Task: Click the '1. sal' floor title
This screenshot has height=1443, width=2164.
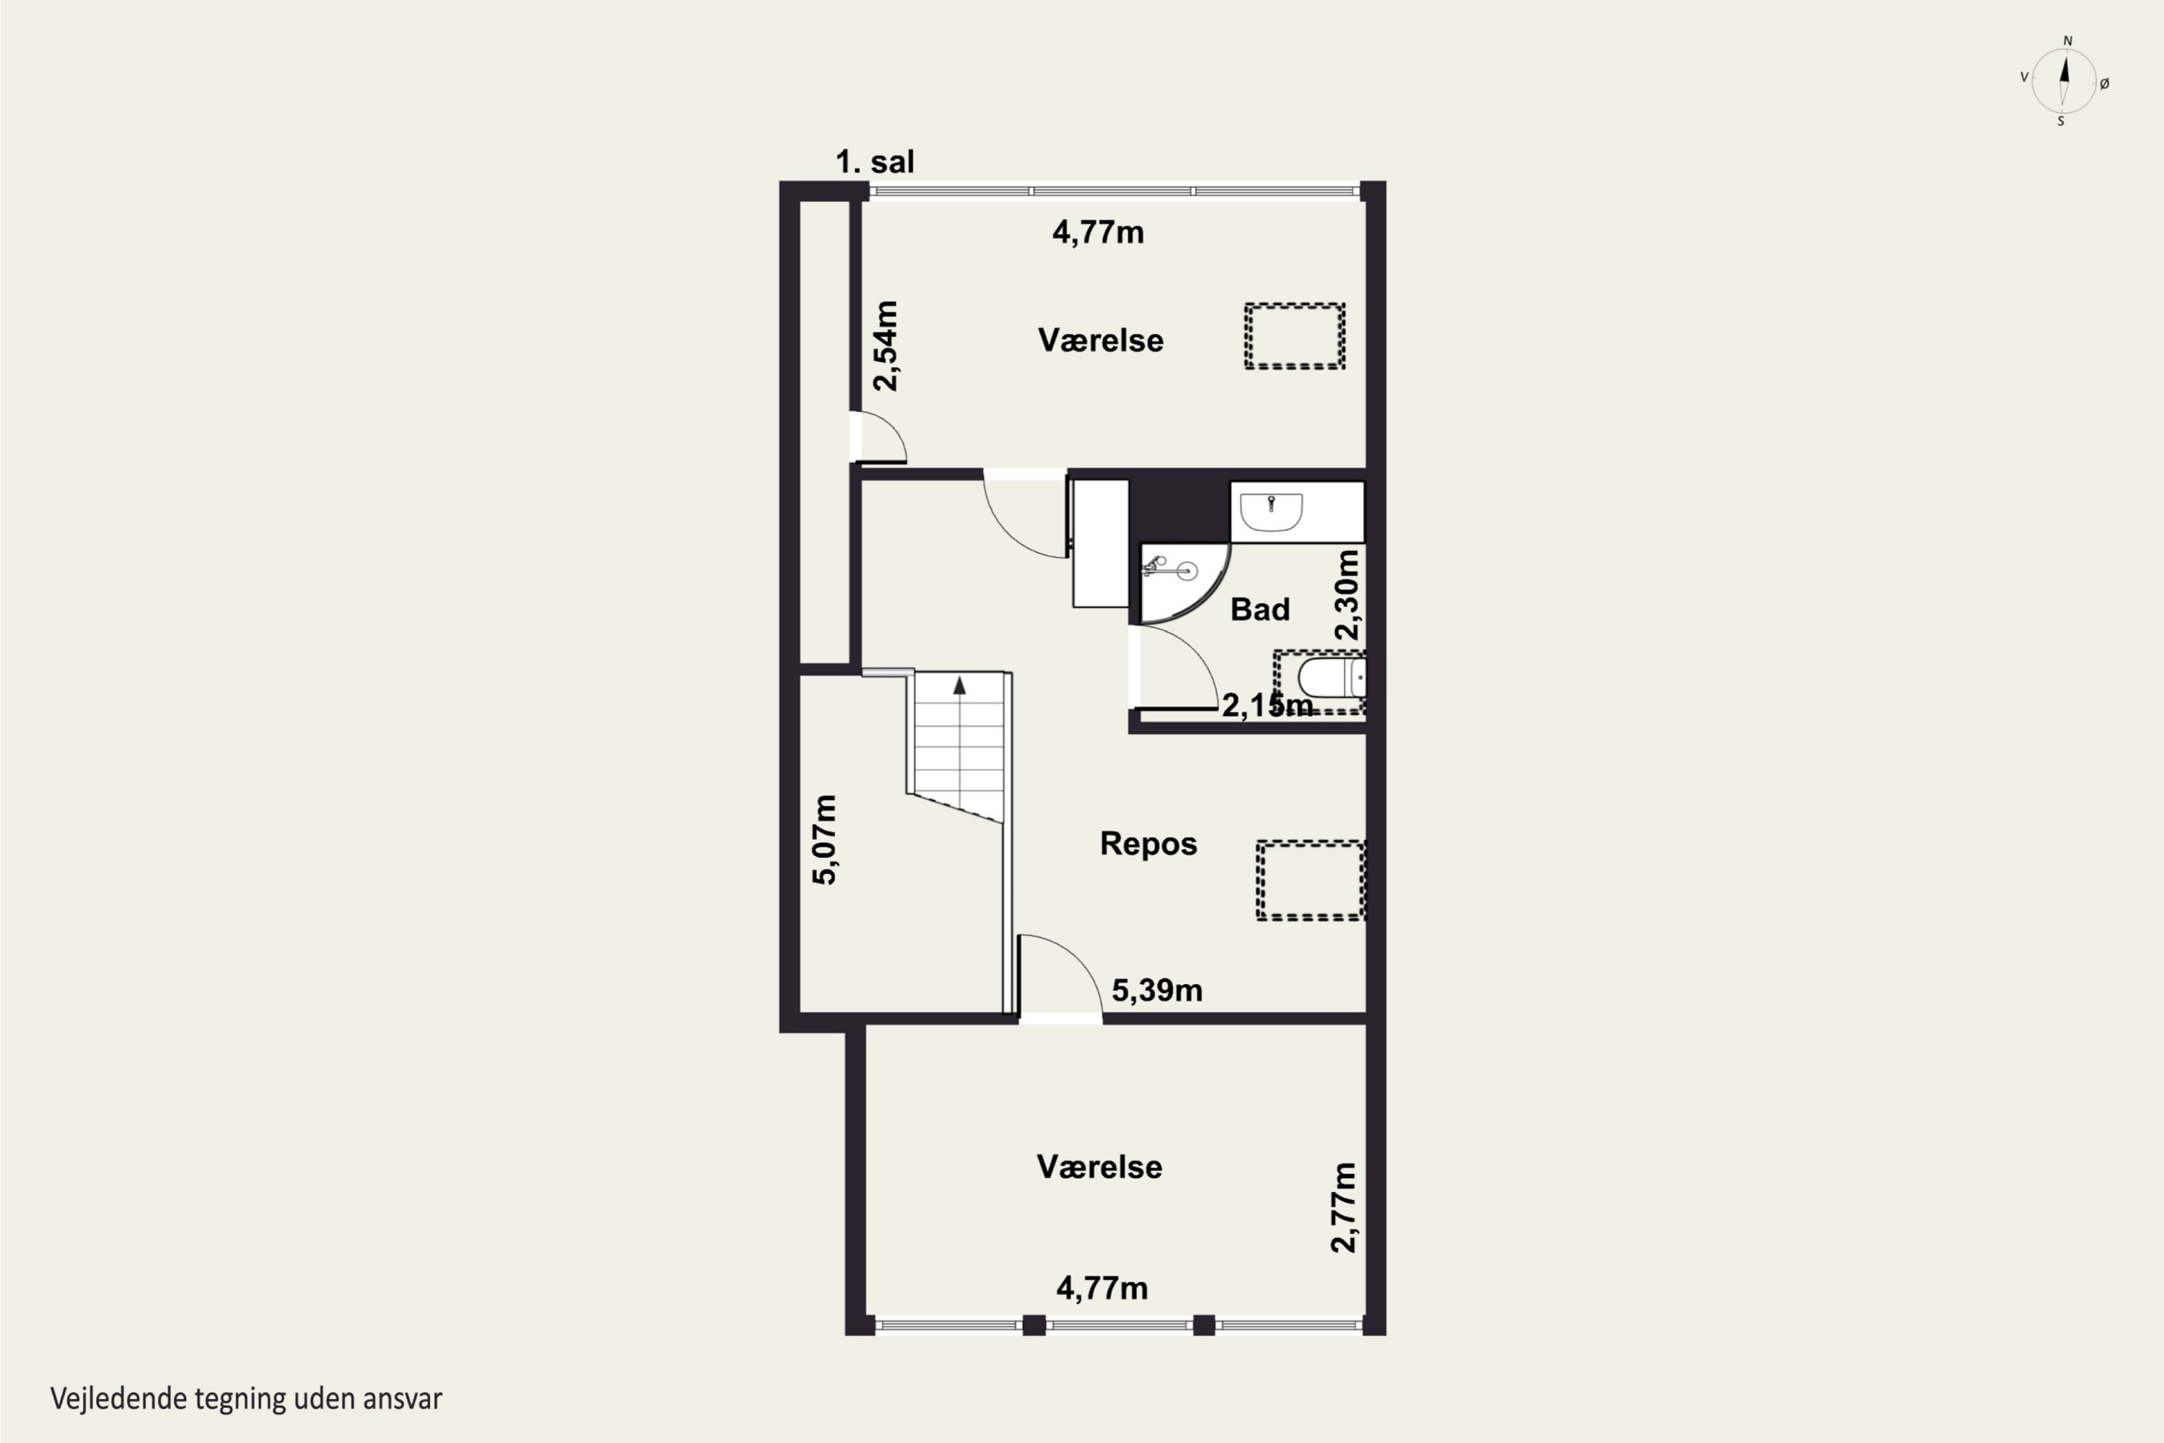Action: point(874,162)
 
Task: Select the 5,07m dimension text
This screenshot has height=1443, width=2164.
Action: point(824,839)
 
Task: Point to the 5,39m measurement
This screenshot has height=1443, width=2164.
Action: point(1156,990)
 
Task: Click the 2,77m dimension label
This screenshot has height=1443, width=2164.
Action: point(1343,1207)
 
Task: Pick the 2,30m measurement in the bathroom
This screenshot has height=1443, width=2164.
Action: point(1346,595)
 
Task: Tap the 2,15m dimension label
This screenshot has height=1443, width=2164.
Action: point(1267,705)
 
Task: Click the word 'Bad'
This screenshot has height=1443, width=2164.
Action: point(1259,609)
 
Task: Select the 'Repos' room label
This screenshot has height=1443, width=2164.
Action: point(1148,844)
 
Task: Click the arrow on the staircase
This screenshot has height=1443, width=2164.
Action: point(959,685)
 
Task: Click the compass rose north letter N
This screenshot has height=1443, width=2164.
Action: point(2067,40)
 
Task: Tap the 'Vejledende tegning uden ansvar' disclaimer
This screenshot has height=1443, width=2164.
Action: point(247,1399)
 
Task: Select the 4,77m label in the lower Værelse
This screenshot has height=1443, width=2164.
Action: point(1101,1289)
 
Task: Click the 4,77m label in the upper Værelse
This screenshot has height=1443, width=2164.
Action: point(1099,233)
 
